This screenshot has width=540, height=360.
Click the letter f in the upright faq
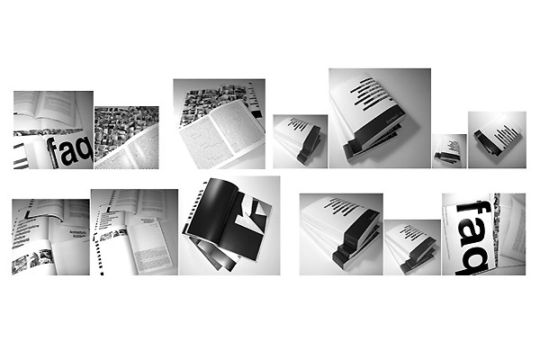53,150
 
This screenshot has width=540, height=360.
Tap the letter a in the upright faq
67,154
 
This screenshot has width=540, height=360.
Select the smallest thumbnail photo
449,151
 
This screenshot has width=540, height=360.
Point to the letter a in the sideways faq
473,235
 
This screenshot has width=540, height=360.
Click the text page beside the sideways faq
509,225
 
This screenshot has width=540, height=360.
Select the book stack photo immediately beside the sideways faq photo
412,247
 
